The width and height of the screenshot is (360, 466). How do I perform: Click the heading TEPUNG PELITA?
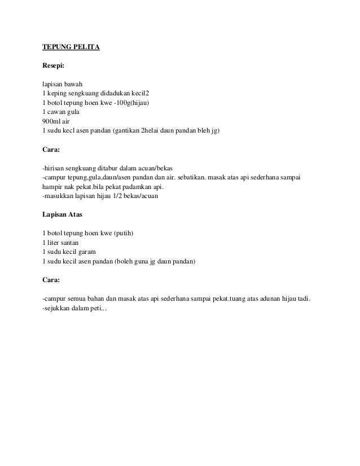[x=71, y=47]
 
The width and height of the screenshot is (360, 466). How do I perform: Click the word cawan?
[x=58, y=112]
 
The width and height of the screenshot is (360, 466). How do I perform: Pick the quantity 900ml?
[x=52, y=122]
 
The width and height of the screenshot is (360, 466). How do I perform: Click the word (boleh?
[x=126, y=261]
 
